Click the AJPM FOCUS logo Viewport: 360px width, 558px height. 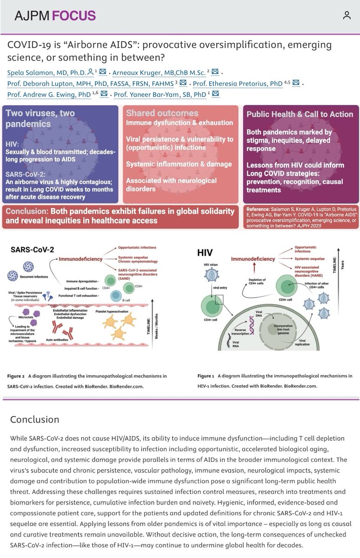coord(54,15)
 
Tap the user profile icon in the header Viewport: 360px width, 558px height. coord(347,15)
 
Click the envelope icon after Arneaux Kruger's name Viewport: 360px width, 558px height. coord(215,72)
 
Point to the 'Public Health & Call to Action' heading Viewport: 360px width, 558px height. coord(300,114)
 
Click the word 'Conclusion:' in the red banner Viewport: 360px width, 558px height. coord(31,211)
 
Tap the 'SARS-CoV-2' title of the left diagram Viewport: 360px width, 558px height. coord(32,249)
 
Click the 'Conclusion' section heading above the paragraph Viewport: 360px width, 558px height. coord(35,419)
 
